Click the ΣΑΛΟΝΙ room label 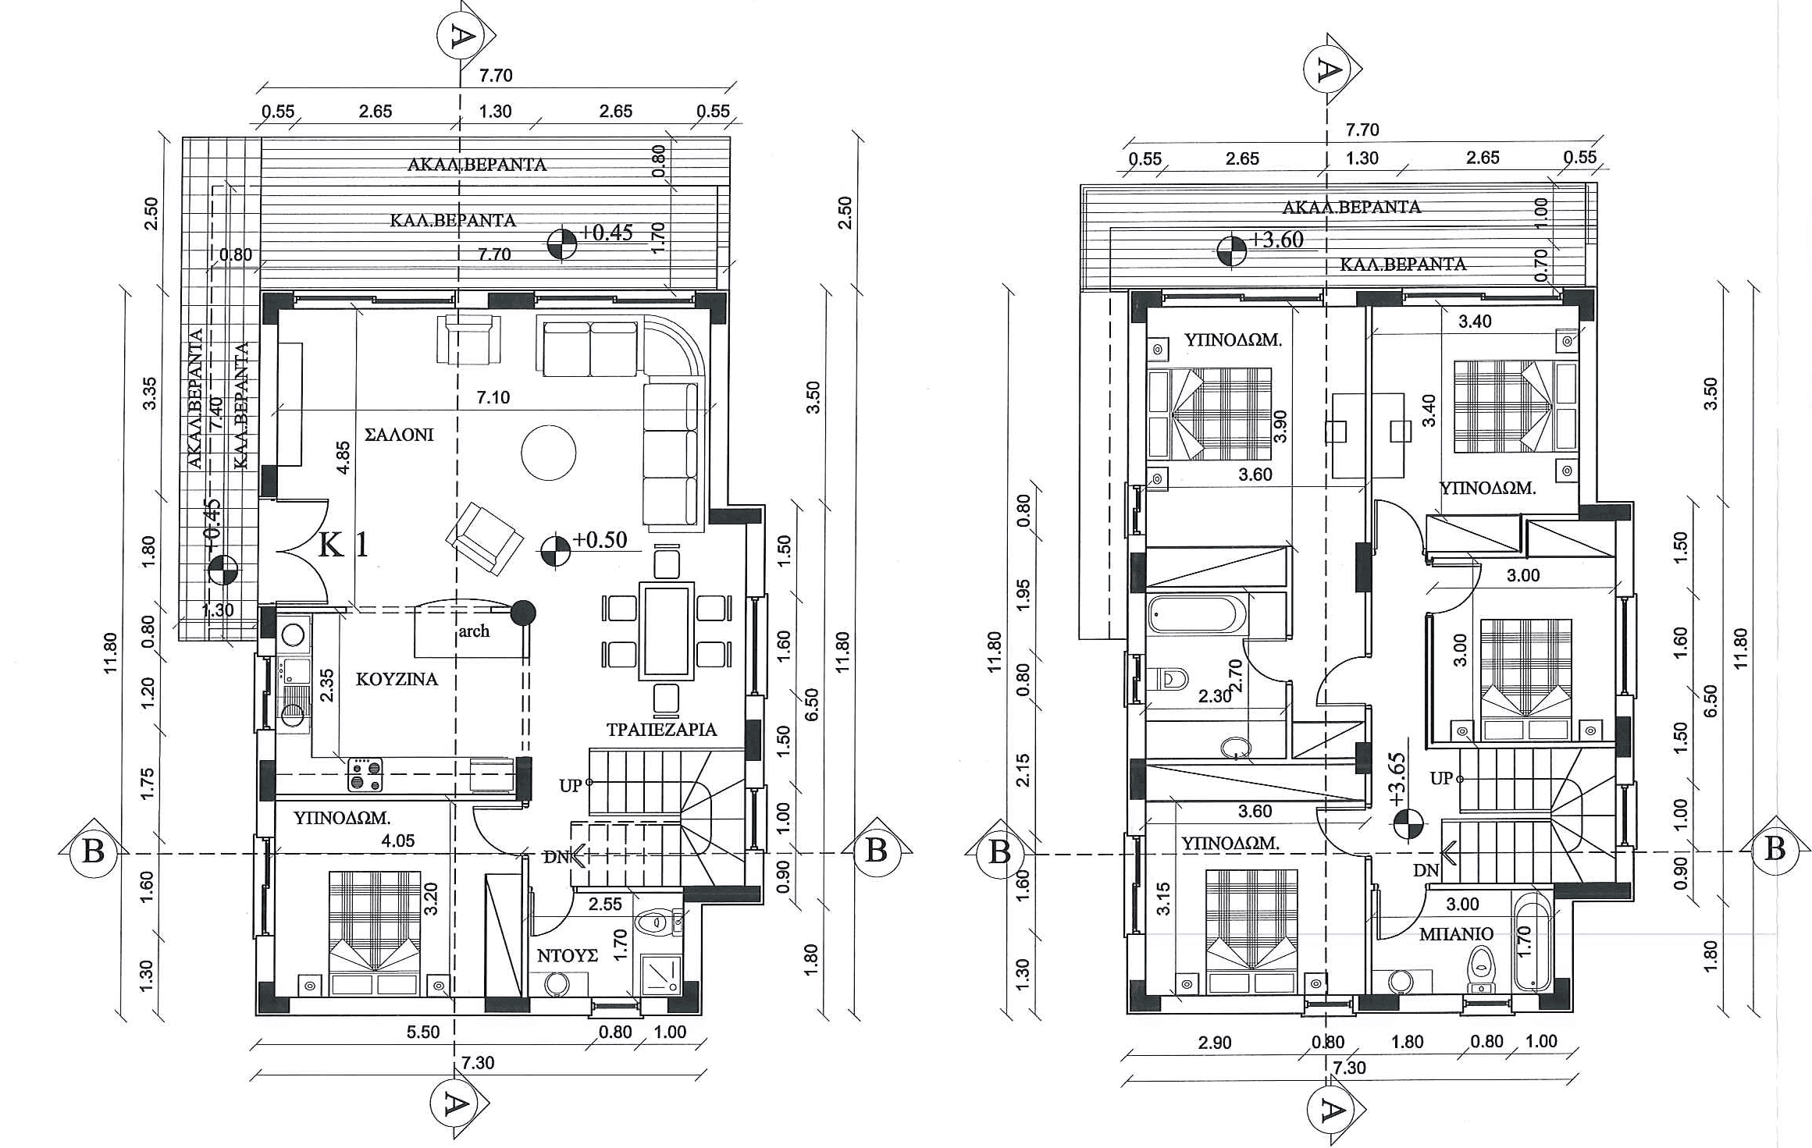click(x=399, y=435)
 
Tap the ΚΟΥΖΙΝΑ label click(x=397, y=679)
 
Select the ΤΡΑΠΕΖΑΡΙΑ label click(x=661, y=730)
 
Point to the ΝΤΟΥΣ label click(x=568, y=955)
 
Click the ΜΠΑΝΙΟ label click(x=1456, y=933)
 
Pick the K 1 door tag click(x=344, y=545)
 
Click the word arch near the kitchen click(x=474, y=631)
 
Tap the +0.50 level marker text click(x=600, y=540)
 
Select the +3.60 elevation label click(x=1277, y=240)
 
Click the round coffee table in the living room click(x=548, y=453)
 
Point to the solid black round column click(x=523, y=613)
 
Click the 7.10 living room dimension click(x=493, y=397)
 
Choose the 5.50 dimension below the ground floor click(x=423, y=1032)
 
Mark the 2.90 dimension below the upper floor click(x=1215, y=1042)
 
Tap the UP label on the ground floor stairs click(x=571, y=786)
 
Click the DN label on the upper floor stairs click(x=1426, y=870)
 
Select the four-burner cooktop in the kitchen click(x=365, y=774)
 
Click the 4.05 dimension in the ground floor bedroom click(x=397, y=841)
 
